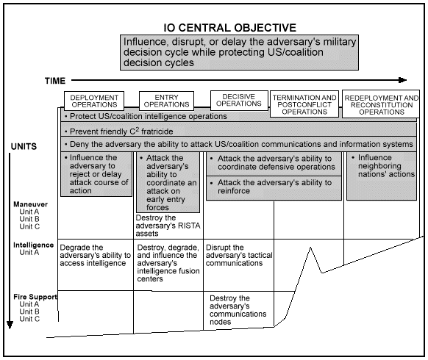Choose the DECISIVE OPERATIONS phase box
pos(239,100)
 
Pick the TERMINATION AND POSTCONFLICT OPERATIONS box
pos(304,104)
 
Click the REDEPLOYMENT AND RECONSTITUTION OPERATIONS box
pos(382,104)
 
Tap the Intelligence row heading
pos(34,244)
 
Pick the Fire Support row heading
pos(35,297)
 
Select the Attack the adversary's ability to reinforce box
pos(271,187)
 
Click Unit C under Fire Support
pos(30,319)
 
